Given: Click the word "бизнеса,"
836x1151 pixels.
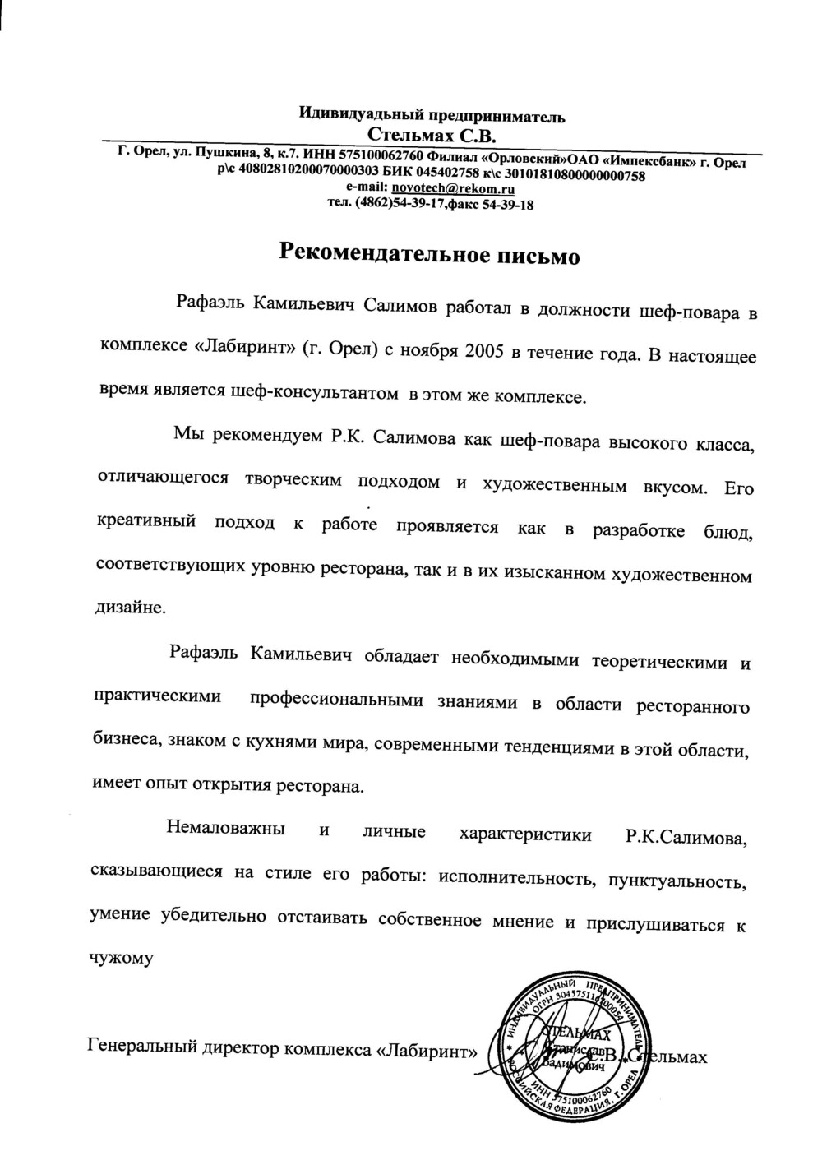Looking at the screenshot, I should pos(127,740).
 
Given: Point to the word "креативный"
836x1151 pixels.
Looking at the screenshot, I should pos(146,521).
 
